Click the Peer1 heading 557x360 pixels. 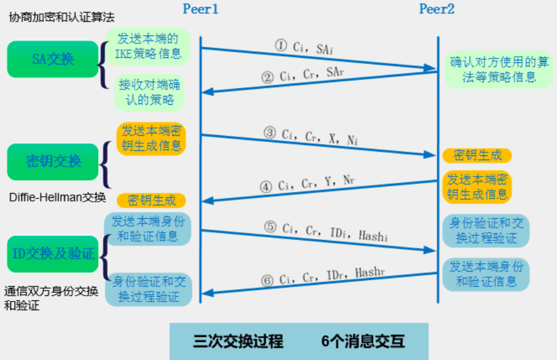[200, 9]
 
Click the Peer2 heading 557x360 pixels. [437, 9]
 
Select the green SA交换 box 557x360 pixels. [53, 59]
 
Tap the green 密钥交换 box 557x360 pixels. [53, 161]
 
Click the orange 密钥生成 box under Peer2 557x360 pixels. [477, 155]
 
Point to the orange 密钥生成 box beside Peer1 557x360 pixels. [151, 200]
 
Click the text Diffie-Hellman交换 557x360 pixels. [57, 197]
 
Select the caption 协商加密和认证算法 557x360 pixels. [62, 16]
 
